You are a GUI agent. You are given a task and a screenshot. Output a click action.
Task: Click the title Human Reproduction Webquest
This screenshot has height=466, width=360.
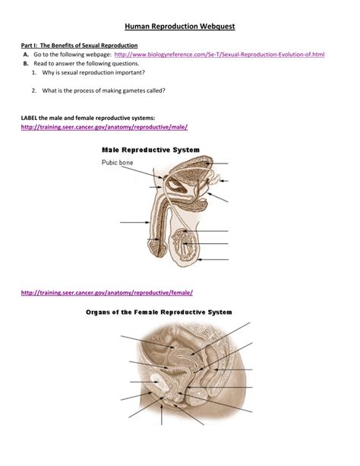pos(180,27)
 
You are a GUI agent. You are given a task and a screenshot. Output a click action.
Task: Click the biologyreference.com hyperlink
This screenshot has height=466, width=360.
pos(219,55)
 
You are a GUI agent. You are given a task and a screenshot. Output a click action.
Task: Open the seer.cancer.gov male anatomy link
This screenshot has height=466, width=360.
pos(104,127)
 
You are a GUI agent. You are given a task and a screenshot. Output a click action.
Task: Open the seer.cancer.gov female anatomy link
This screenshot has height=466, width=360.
pos(107,293)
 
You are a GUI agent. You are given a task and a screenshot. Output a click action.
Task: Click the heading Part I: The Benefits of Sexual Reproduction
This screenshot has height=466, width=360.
pos(79,46)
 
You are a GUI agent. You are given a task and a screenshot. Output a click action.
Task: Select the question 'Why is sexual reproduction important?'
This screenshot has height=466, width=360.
pos(93,72)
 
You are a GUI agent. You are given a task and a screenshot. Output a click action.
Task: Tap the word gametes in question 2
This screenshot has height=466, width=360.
pos(134,90)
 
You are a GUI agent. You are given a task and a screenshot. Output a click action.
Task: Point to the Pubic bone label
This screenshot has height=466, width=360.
pos(117,163)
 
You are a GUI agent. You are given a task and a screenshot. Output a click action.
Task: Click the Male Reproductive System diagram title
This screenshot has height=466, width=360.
pos(150,150)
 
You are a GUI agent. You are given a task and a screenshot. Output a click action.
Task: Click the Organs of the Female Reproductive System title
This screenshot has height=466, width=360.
pos(159,312)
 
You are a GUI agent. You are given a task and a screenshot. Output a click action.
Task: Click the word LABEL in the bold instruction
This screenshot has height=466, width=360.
pos(29,118)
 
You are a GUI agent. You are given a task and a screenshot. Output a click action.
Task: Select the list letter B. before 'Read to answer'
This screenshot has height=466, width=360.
pos(26,64)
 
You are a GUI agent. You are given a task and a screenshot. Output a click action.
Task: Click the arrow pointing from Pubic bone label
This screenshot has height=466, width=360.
pos(142,173)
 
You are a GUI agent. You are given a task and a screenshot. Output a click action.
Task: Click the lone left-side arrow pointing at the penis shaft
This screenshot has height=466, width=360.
pos(135,222)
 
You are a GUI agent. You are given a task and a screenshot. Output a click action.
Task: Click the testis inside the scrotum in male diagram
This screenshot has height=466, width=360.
pos(184,244)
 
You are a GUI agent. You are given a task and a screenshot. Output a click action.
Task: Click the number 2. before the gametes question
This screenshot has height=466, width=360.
pos(34,90)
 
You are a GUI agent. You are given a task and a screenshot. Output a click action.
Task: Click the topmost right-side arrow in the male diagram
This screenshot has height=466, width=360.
pos(218,163)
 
